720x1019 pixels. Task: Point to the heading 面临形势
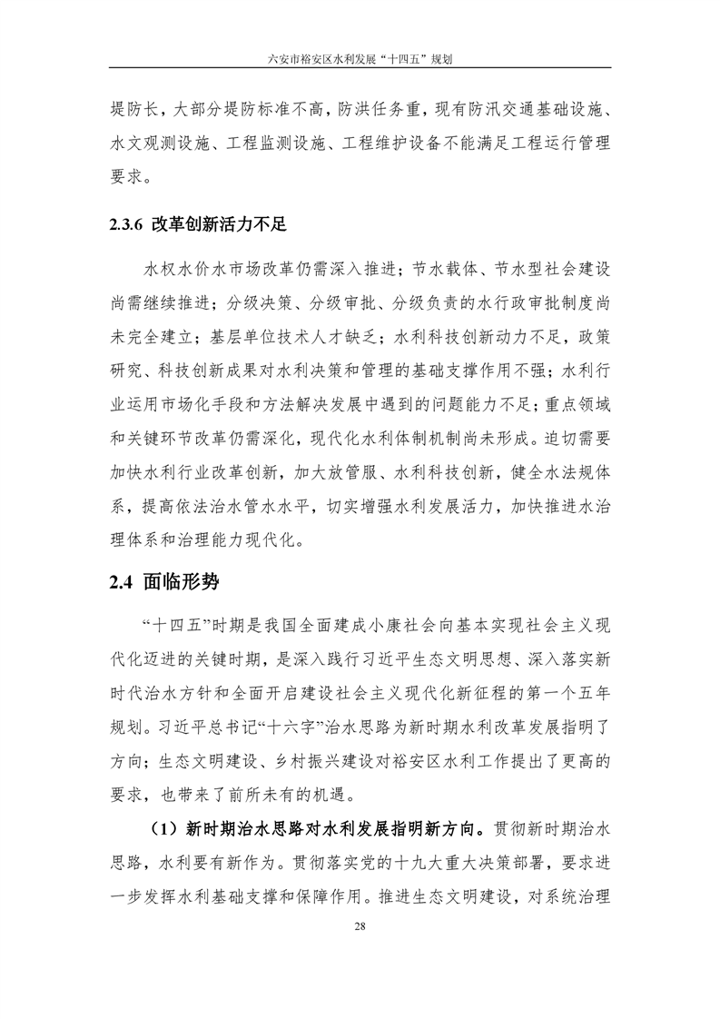182,582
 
